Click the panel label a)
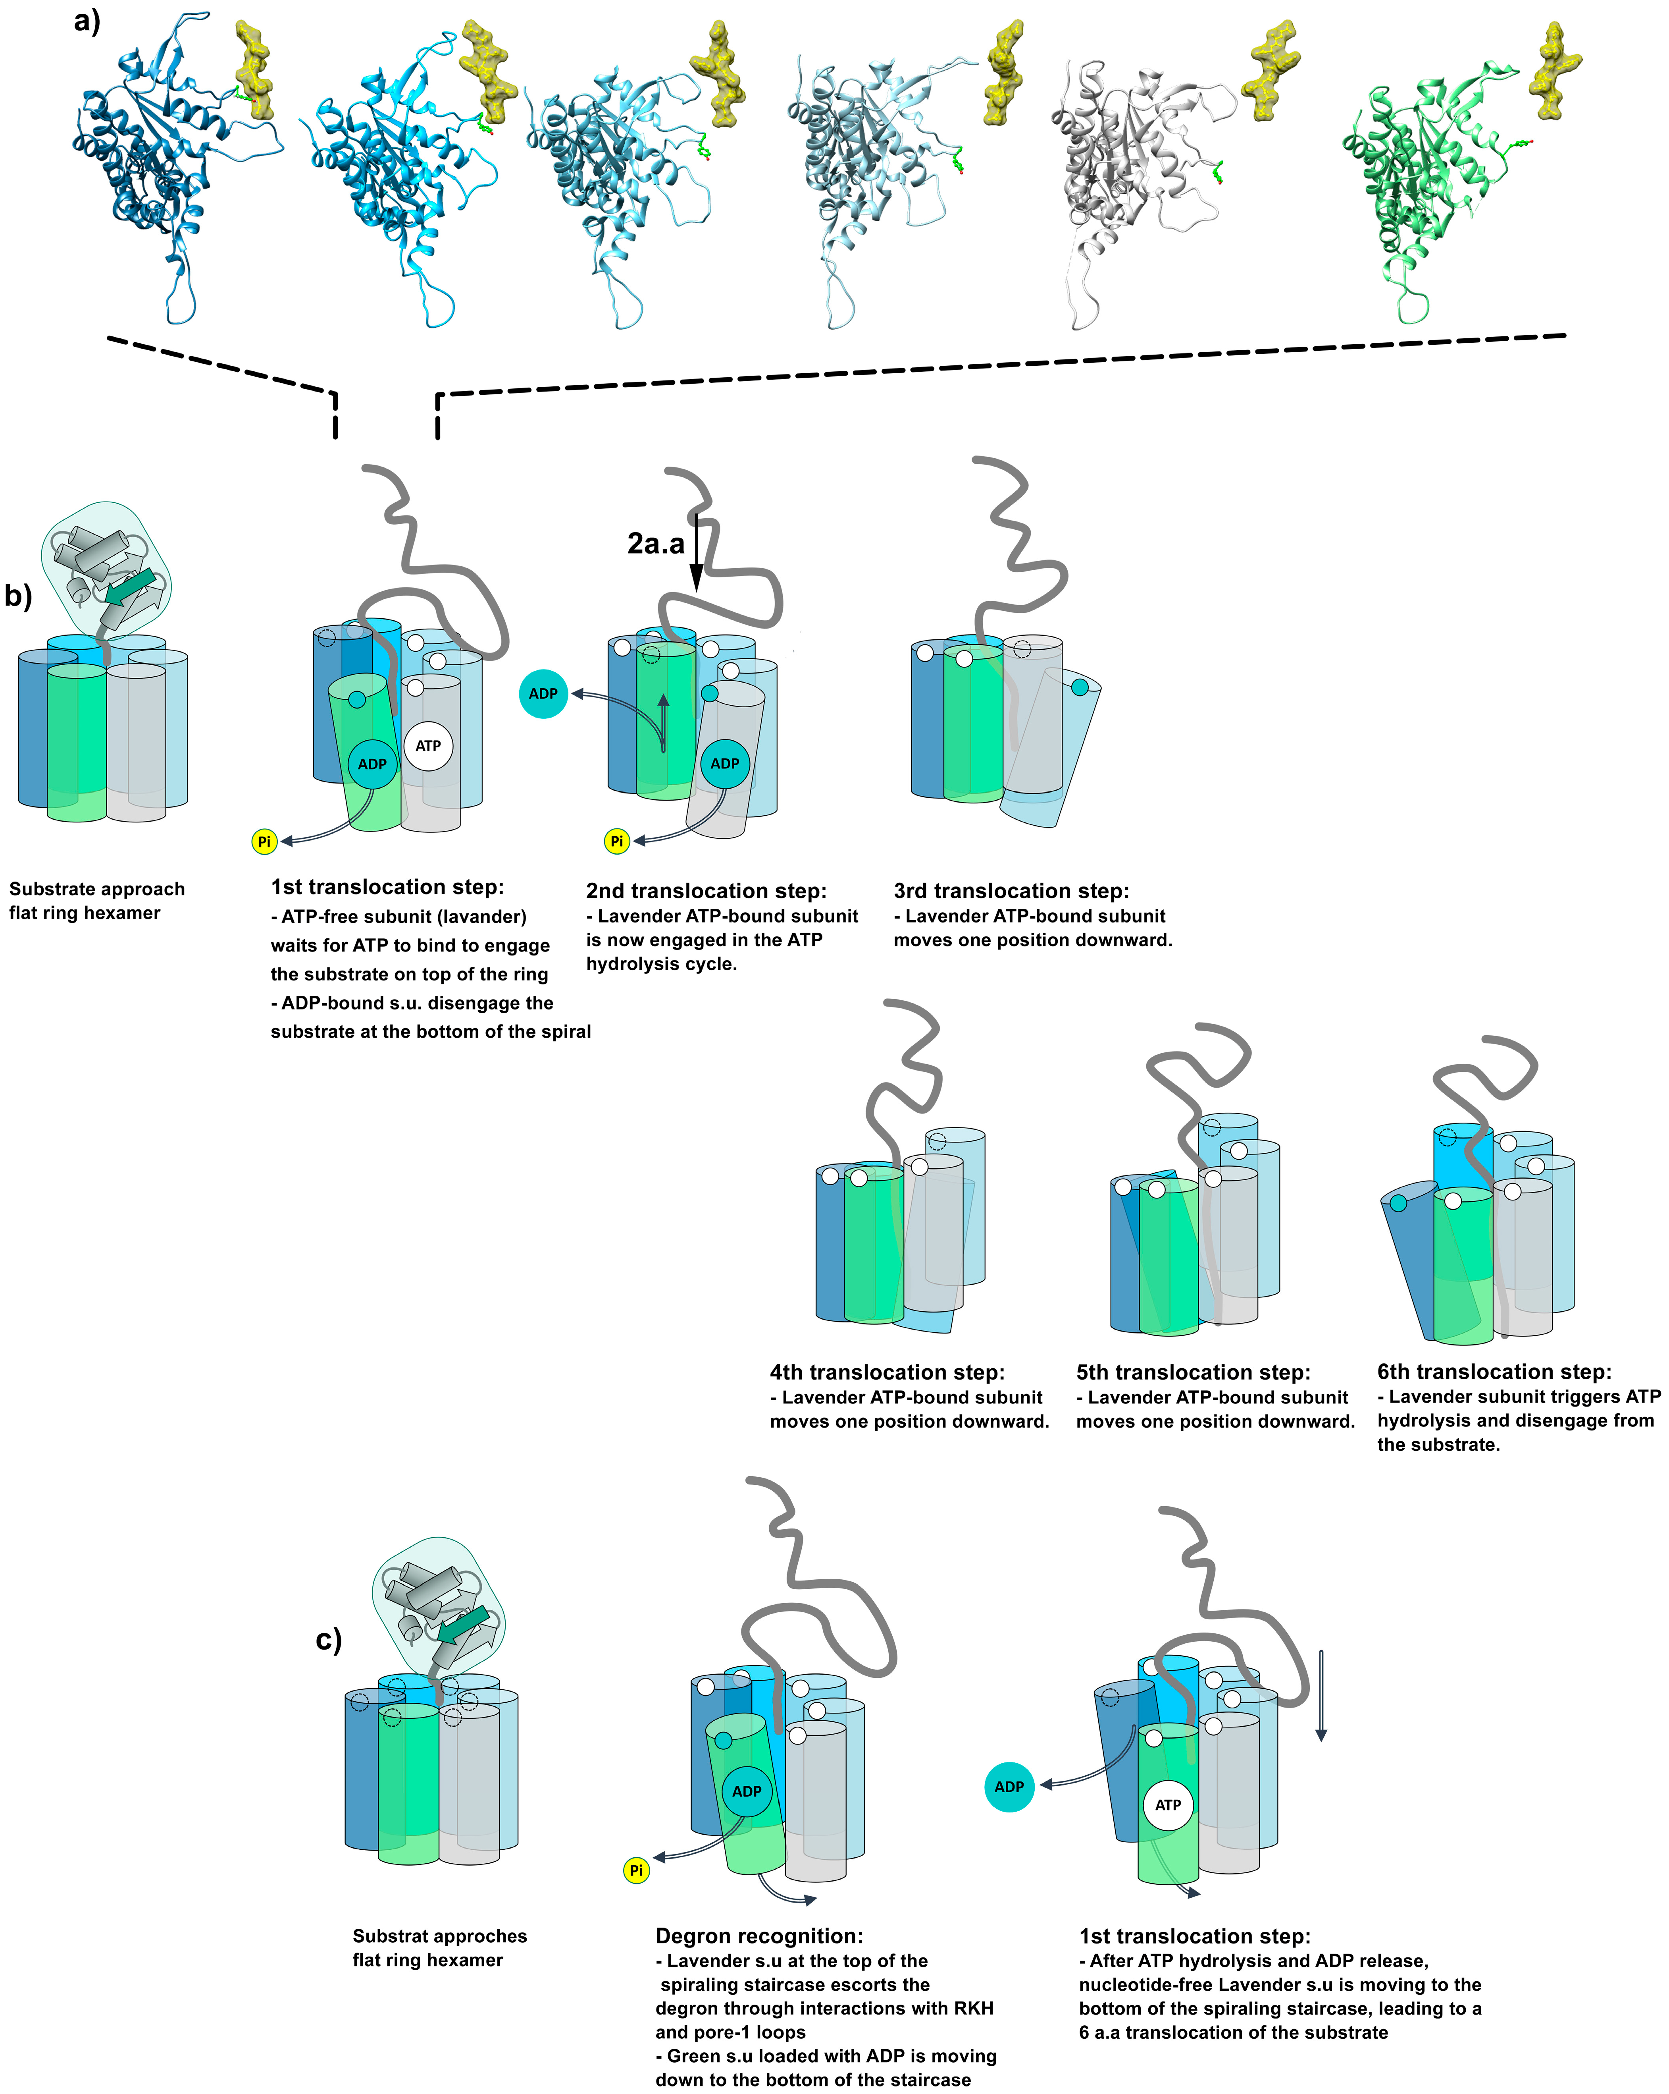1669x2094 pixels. pos(87,21)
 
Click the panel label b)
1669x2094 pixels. pos(18,594)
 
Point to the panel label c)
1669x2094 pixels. pos(328,1639)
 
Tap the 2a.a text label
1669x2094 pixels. pos(655,544)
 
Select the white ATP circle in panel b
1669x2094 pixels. pos(428,746)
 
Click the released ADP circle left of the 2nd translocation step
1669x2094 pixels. pos(543,693)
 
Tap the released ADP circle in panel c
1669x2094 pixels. pos(1009,1787)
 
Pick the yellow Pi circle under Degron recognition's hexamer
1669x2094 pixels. pos(636,1870)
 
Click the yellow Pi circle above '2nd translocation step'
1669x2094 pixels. pos(616,841)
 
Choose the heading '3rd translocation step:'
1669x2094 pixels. pos(1011,891)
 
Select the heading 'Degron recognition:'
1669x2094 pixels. pos(758,1936)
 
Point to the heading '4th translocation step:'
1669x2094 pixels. pos(886,1372)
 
